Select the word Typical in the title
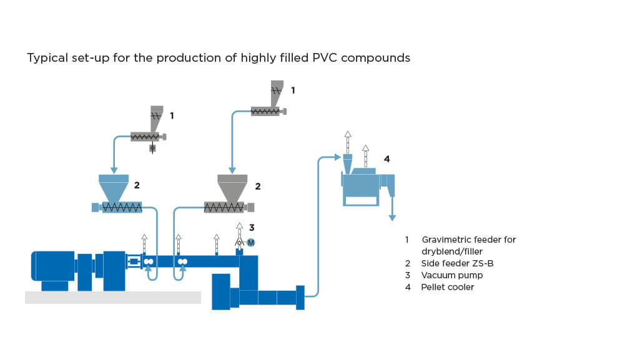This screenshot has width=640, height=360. [46, 58]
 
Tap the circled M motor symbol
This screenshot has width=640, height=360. [251, 242]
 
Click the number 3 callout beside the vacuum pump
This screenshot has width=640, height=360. [252, 228]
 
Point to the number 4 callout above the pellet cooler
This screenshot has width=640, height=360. [386, 159]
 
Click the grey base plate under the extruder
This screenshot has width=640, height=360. [112, 297]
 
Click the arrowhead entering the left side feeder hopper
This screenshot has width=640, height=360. [114, 170]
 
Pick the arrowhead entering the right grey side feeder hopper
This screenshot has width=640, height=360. [232, 170]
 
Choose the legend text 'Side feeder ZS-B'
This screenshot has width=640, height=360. [457, 263]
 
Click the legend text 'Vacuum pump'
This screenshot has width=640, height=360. [451, 275]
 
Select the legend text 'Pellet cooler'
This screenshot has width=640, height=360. [447, 287]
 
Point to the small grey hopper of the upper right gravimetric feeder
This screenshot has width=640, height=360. [277, 90]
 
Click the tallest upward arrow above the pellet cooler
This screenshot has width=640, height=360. [348, 136]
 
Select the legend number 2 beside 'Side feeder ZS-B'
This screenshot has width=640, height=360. [407, 263]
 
